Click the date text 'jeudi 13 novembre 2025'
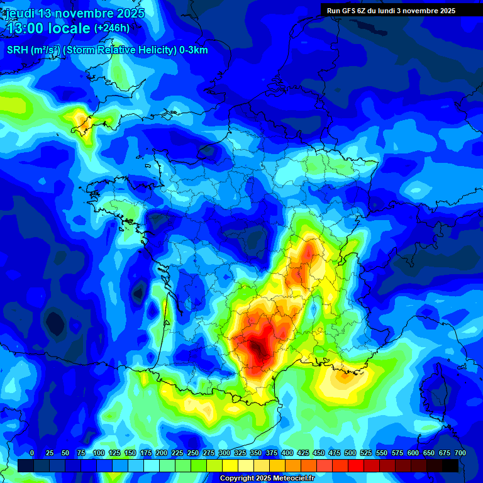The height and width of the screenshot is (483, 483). point(75,13)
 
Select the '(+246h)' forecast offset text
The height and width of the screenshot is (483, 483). point(112,28)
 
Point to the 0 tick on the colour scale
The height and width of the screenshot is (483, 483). point(32,453)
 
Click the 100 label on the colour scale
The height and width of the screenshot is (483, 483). point(99,453)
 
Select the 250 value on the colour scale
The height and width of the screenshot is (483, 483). point(193,453)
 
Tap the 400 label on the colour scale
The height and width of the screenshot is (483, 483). point(287,453)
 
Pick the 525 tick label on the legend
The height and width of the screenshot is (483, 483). point(366,453)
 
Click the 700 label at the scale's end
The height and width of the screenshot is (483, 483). point(460,453)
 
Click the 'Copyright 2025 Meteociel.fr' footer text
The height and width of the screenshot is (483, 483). point(267,479)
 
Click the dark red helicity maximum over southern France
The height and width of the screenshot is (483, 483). point(258,350)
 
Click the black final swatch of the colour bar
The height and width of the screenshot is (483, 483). point(450,465)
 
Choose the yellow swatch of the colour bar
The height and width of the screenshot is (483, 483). point(230,465)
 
